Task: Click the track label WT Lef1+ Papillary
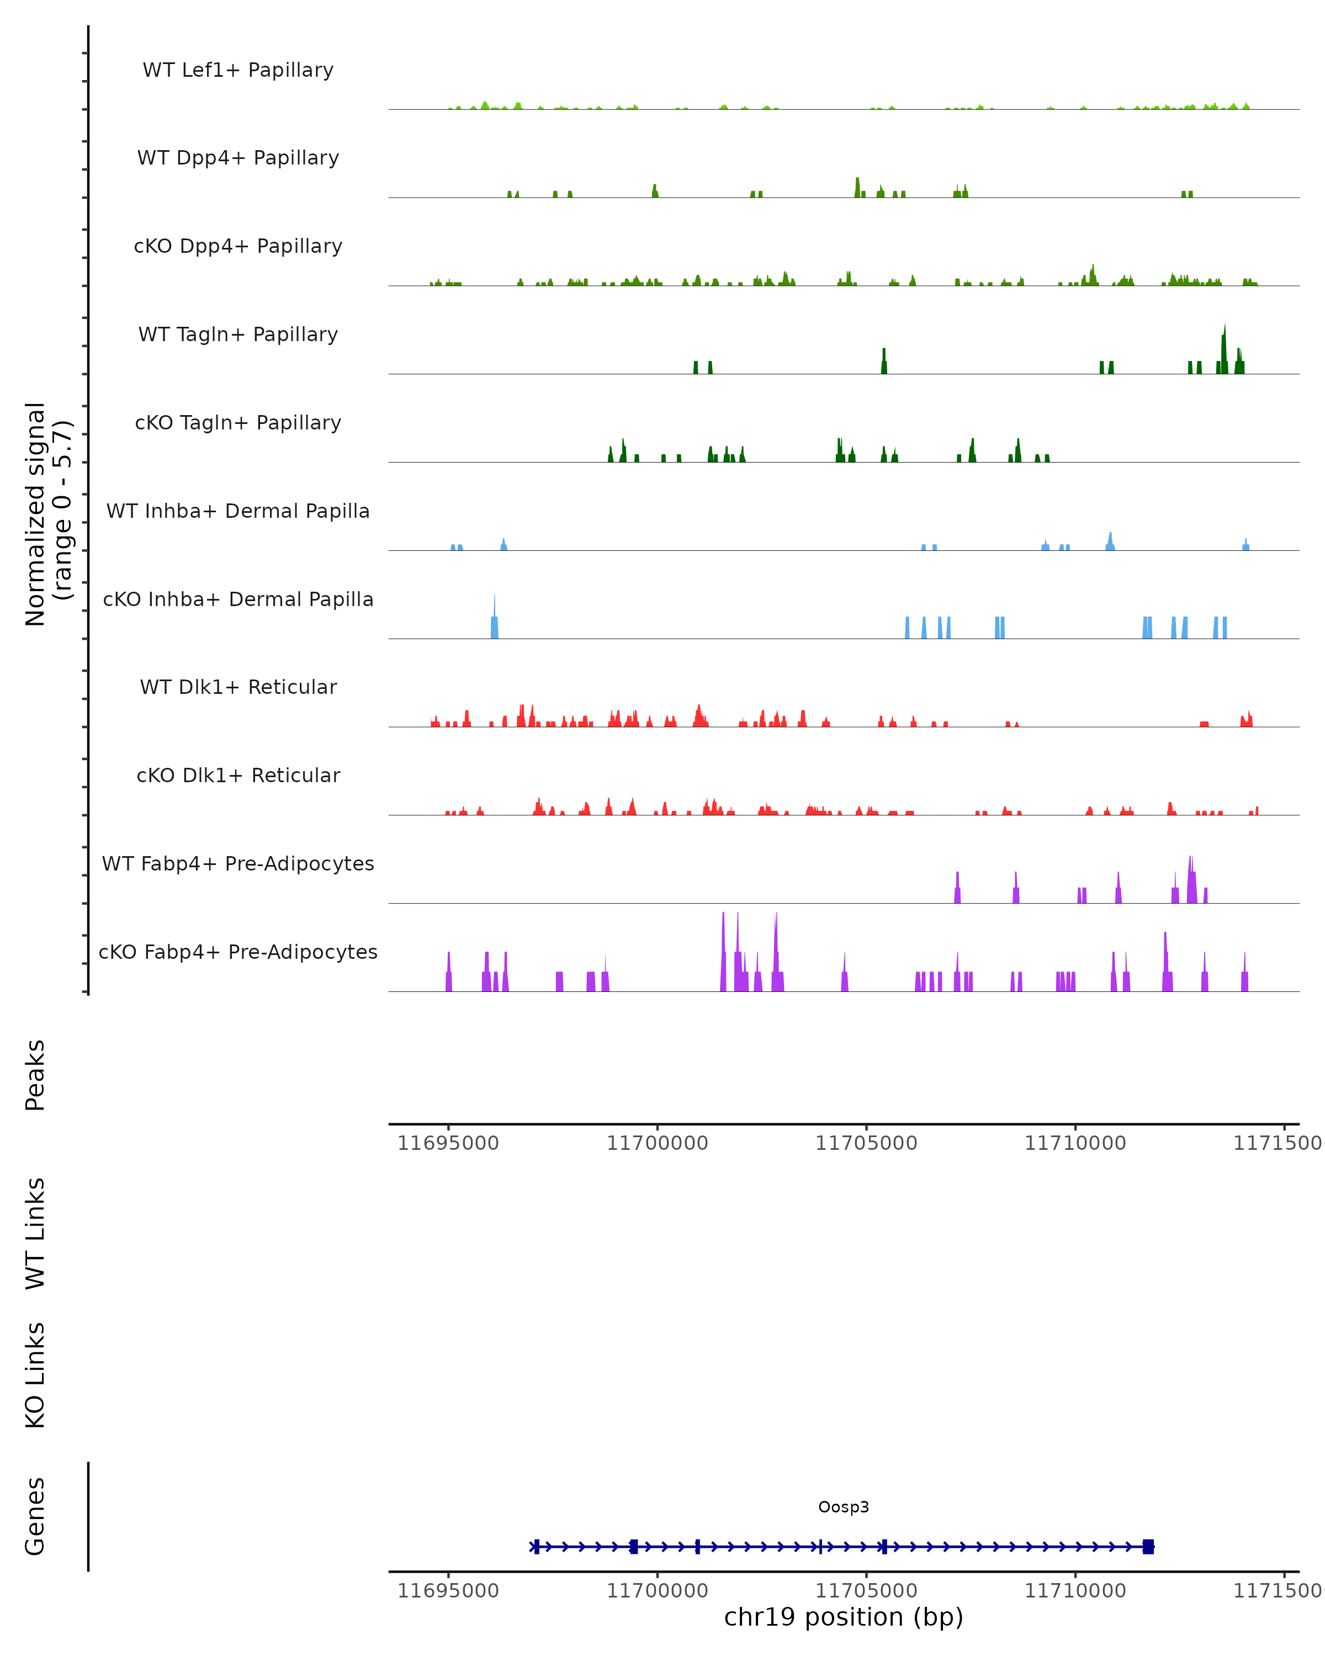click(x=238, y=70)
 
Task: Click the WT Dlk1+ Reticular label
click(x=238, y=687)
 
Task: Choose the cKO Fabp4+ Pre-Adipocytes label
click(x=238, y=952)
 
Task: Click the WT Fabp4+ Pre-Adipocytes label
click(x=238, y=863)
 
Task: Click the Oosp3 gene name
click(x=844, y=1506)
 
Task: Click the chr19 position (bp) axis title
click(x=844, y=1617)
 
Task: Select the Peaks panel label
click(x=35, y=1075)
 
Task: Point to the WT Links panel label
click(x=35, y=1233)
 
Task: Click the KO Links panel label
click(x=35, y=1375)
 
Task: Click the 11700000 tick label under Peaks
click(x=658, y=1143)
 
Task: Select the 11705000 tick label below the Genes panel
click(x=866, y=1591)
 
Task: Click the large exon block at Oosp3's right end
click(x=1148, y=1547)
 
